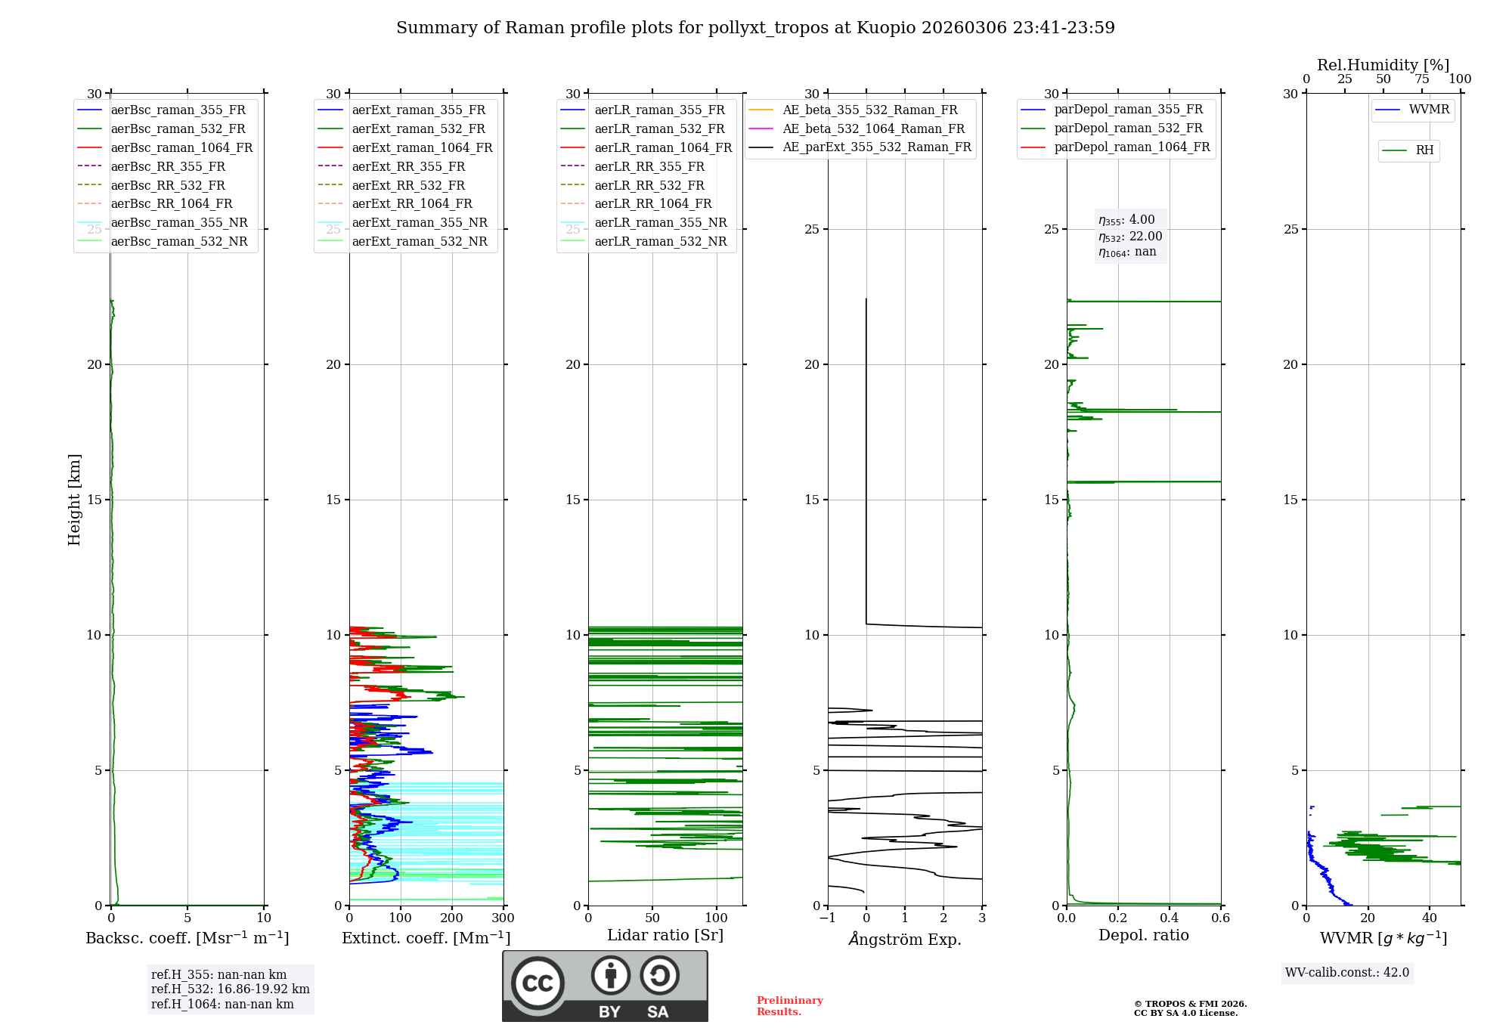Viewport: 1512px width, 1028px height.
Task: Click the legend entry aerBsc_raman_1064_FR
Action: tap(181, 147)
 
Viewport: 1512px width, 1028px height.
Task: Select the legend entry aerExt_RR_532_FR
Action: tap(407, 185)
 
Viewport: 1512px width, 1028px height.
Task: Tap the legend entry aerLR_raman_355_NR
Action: tap(660, 222)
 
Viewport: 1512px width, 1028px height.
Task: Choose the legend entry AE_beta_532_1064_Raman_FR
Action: tap(873, 128)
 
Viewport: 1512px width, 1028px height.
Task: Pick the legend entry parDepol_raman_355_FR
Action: tap(1128, 110)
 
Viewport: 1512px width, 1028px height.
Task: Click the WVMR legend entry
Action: tap(1428, 110)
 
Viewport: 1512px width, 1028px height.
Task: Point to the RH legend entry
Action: tap(1424, 150)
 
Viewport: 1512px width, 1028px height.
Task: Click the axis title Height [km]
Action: tap(74, 499)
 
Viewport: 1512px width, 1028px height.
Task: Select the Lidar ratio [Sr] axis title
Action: tap(665, 935)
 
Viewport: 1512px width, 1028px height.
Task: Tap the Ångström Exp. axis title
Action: tap(905, 939)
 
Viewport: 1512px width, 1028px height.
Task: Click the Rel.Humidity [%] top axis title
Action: tap(1383, 65)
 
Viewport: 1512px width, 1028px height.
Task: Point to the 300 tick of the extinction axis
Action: tap(503, 918)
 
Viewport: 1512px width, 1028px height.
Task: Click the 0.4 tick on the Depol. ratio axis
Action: tap(1170, 918)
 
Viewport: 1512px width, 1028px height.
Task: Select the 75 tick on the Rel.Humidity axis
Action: tap(1422, 79)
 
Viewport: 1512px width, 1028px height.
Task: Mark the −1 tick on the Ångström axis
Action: tap(827, 918)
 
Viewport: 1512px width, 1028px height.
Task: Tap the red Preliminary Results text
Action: tap(789, 1006)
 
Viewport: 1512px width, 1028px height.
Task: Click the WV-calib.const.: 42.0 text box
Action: tap(1347, 973)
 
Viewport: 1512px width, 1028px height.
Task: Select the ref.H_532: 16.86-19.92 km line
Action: tap(230, 989)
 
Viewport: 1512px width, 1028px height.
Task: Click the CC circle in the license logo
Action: tap(538, 983)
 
